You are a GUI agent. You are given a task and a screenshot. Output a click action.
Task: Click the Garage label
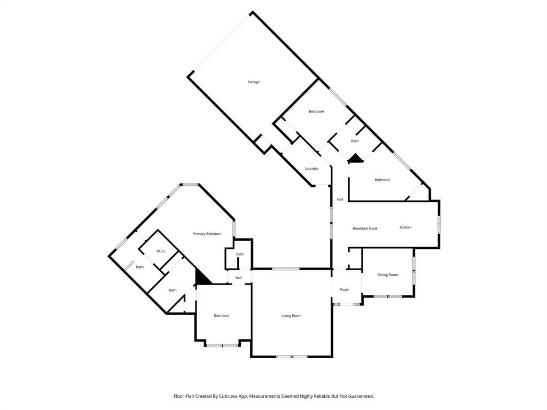pos(254,82)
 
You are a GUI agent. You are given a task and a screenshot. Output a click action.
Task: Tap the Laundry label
pos(311,169)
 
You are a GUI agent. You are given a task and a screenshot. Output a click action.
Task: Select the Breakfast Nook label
pos(365,228)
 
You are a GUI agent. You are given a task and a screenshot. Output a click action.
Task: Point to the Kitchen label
pos(406,227)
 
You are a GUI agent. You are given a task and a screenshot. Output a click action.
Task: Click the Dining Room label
pos(388,275)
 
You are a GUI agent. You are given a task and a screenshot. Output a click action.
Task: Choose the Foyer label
pos(345,290)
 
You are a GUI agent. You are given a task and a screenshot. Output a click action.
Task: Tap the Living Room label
pos(292,316)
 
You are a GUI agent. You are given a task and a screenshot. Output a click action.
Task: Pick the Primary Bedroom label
pos(207,234)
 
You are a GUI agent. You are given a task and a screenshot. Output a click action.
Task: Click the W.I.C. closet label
pos(161,251)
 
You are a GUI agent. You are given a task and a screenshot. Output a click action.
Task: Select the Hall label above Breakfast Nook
pos(340,200)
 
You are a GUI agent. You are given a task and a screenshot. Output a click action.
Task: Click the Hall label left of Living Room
pos(238,278)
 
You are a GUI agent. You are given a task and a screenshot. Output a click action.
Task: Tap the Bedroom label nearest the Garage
pos(316,112)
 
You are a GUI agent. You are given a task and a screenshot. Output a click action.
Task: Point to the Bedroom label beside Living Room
pos(221,316)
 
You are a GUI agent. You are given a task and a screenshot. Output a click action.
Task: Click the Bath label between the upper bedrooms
pos(355,141)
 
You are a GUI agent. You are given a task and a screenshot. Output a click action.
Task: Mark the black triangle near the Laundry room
pos(356,159)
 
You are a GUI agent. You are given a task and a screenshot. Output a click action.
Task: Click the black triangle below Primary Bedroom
pos(202,278)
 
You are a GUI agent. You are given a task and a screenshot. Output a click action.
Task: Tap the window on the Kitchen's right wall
pos(439,224)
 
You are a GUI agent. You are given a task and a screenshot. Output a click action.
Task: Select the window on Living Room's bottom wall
pos(292,356)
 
